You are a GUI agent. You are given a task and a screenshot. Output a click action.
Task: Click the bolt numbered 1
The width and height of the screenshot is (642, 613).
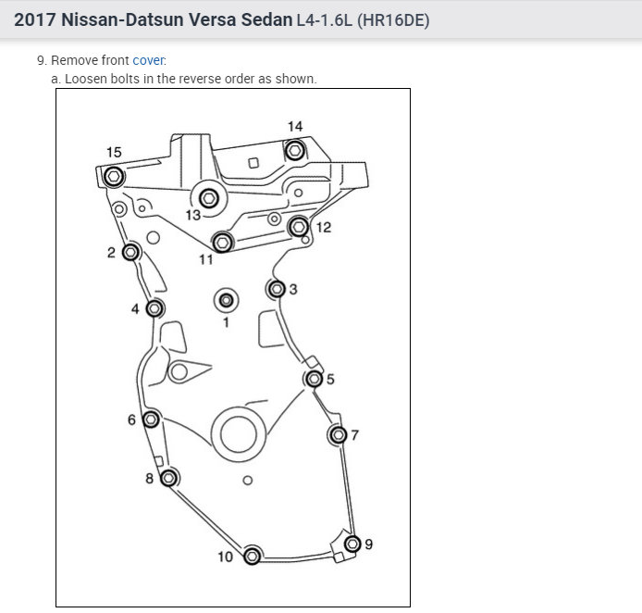[x=226, y=300]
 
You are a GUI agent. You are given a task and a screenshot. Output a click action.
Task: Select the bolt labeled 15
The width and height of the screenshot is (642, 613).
[x=114, y=177]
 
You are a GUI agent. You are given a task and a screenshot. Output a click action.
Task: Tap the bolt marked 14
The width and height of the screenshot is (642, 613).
[x=295, y=150]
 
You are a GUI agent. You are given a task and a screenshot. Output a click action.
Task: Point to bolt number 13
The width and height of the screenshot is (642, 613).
[x=209, y=198]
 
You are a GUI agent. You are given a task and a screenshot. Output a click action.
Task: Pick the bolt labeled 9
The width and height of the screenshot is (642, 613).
[x=352, y=544]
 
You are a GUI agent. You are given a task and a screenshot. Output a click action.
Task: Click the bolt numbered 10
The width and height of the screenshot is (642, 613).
[x=252, y=556]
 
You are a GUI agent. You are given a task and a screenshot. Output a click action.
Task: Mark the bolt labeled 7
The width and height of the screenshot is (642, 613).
[x=339, y=434]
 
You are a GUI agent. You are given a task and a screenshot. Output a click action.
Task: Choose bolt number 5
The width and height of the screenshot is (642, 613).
[x=314, y=379]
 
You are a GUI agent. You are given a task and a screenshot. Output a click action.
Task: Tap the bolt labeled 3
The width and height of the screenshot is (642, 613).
[x=277, y=289]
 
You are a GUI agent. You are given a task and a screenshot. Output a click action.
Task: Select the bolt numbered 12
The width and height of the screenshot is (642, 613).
[x=299, y=227]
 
